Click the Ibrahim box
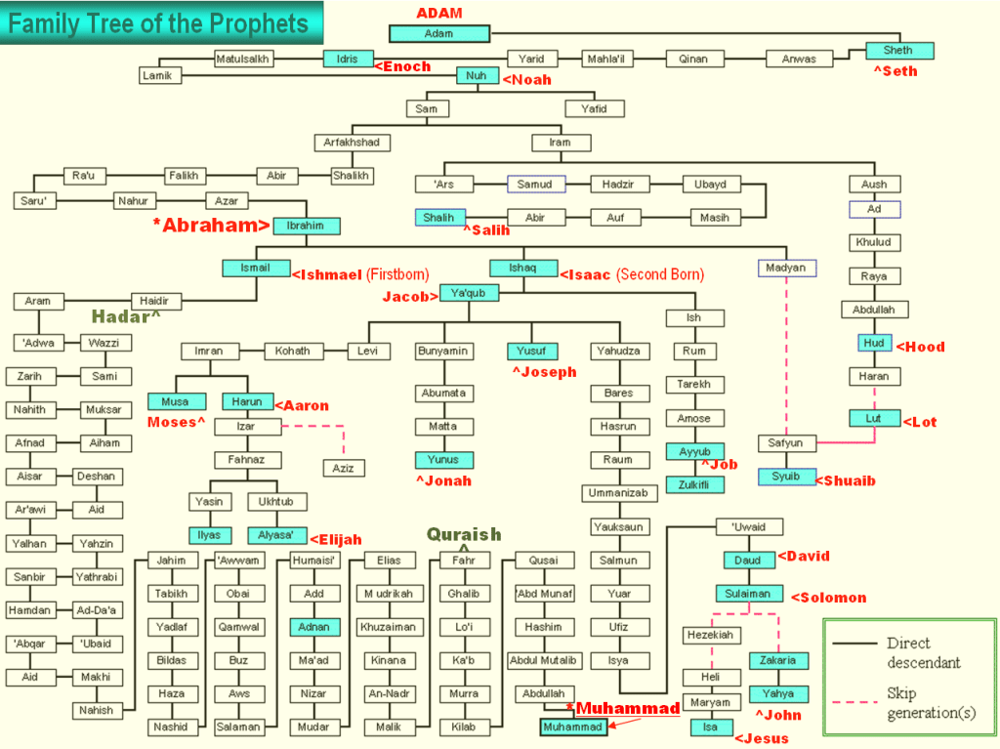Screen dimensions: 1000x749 (306, 226)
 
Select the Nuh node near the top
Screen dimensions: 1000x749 (477, 76)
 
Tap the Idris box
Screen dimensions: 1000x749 (348, 59)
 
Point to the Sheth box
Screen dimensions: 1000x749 (899, 51)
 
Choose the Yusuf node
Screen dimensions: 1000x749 (532, 351)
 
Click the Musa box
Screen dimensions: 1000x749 (176, 401)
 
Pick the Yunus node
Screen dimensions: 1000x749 (443, 459)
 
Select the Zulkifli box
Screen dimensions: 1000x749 (694, 485)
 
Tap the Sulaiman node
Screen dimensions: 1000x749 (749, 594)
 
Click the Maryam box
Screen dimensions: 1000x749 (711, 702)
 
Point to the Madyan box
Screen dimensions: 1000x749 (787, 268)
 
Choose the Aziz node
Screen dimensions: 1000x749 (344, 469)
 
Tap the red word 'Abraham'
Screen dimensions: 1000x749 (212, 226)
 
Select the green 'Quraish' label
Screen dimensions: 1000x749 (464, 534)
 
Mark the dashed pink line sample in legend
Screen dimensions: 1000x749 (855, 702)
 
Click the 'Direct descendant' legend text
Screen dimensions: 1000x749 (924, 652)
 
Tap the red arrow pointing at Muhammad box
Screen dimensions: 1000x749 (625, 723)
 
